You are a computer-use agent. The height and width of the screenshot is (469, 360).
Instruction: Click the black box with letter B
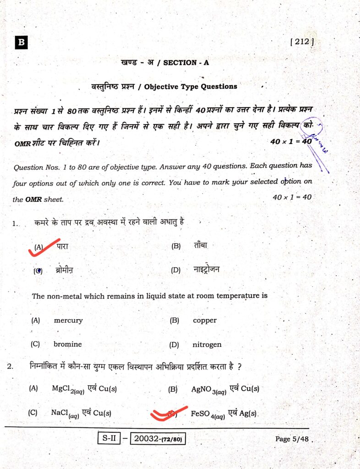(x=21, y=43)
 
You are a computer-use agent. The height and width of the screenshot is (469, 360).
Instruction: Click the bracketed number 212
(x=302, y=42)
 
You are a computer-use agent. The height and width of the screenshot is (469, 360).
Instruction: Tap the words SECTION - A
(x=185, y=63)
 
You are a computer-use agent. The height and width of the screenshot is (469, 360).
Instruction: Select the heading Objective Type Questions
(x=191, y=86)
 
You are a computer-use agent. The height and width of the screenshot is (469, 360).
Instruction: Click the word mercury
(x=68, y=321)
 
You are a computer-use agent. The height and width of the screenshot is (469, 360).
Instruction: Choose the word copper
(x=205, y=321)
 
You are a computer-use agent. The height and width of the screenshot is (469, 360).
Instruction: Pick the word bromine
(x=67, y=344)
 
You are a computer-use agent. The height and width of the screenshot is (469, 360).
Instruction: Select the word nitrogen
(x=207, y=344)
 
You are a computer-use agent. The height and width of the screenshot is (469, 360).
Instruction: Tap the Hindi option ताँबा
(x=201, y=246)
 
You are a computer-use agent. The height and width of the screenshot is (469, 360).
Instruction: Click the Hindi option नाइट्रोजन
(x=207, y=270)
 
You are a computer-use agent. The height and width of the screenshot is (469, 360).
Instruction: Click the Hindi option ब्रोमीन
(x=64, y=270)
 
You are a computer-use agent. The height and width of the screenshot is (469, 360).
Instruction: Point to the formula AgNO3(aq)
(x=208, y=390)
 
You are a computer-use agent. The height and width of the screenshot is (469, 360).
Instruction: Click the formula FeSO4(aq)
(x=207, y=414)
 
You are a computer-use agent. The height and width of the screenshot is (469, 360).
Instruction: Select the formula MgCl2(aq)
(x=68, y=389)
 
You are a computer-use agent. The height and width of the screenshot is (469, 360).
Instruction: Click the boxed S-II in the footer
(x=109, y=438)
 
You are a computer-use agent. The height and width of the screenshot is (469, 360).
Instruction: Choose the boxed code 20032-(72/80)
(x=158, y=439)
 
